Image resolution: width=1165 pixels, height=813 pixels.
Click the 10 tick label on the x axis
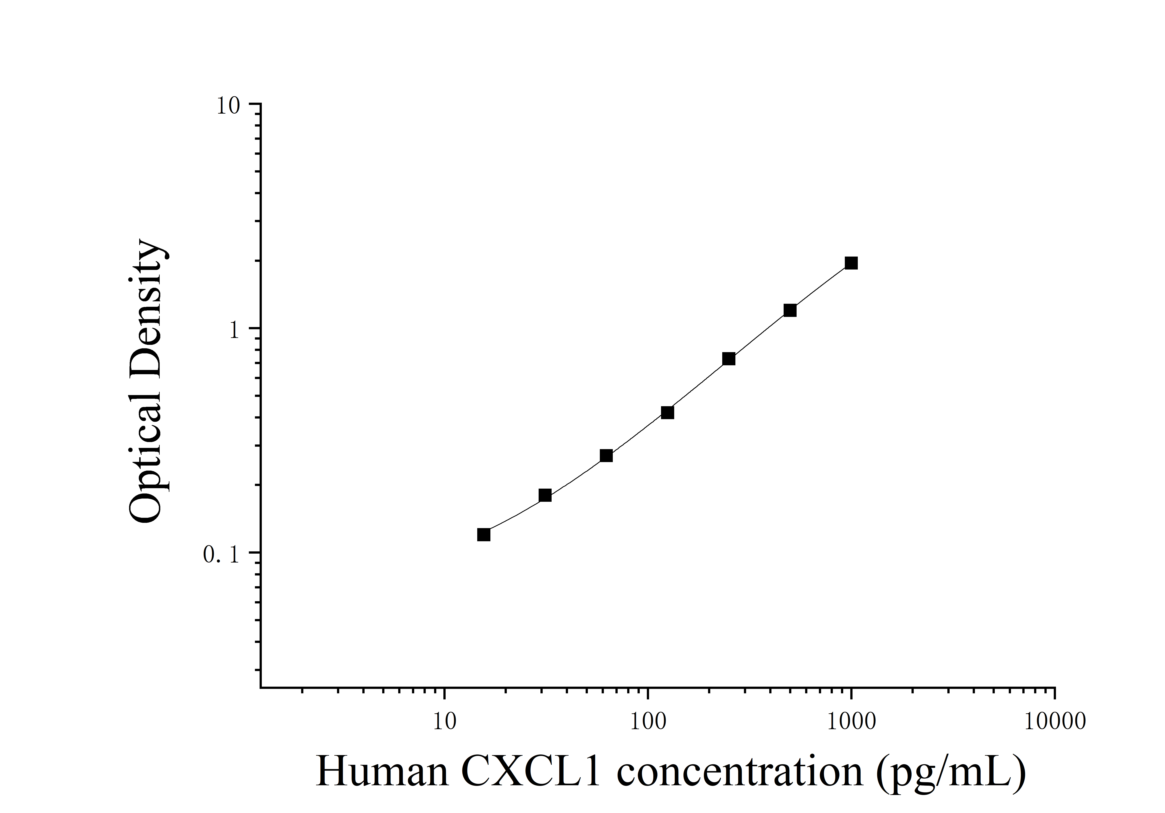(x=444, y=722)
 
